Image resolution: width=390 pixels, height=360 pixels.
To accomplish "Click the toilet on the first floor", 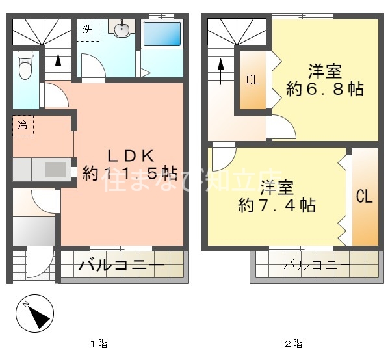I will coord(25,65).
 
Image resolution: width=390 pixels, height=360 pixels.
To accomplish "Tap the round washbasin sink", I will coord(120,29).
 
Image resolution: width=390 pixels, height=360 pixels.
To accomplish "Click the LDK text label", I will coord(130,156).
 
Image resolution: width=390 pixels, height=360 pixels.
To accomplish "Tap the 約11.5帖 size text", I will coord(130,174).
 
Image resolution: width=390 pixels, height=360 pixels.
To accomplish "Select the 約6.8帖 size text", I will coord(325,89).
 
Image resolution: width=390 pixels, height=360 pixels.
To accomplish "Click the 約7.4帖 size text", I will coord(278,206).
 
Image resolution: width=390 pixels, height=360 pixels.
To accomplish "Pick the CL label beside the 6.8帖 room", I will coord(253,81).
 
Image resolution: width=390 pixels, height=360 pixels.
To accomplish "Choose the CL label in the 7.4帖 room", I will coord(364,196).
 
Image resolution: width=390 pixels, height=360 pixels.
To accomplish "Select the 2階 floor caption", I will coord(293,343).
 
